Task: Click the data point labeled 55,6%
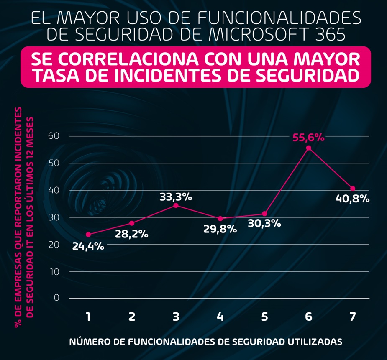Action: [309, 148]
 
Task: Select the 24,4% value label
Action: [88, 246]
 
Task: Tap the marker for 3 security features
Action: [176, 205]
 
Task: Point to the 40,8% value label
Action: [353, 199]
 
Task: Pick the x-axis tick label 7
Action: [352, 317]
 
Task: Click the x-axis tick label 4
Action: [220, 317]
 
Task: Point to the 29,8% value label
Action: [220, 229]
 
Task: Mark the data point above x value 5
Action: [264, 214]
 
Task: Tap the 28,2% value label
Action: [132, 234]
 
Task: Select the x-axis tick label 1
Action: [88, 317]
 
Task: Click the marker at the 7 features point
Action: [353, 189]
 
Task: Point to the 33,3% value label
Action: [176, 197]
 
